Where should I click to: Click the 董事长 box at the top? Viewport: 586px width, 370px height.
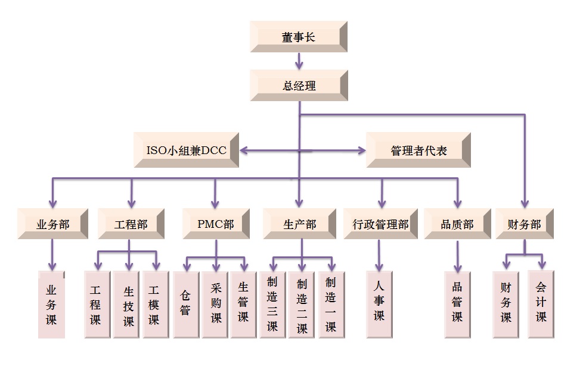pos(298,37)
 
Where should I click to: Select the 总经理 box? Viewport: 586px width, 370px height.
pos(299,85)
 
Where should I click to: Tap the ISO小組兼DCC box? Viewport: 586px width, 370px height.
pos(187,150)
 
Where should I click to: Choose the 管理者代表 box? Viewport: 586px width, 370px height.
pos(418,150)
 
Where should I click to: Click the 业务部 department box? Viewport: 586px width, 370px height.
pos(53,224)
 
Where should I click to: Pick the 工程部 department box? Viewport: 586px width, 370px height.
pos(131,224)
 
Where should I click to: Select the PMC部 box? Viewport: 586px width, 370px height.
pos(215,224)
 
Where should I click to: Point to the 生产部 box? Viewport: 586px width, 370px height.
pos(299,224)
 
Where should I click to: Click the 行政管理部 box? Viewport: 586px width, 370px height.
pos(380,224)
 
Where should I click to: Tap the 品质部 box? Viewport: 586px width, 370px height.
pos(457,224)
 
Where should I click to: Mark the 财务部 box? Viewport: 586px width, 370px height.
pos(524,224)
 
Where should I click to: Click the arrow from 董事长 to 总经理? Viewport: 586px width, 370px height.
pos(299,60)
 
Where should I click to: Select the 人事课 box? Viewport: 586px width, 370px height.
pos(379,304)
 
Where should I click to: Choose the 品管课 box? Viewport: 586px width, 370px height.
pos(457,304)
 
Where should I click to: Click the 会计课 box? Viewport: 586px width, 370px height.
pos(541,304)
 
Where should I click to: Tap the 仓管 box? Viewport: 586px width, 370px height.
pos(186,304)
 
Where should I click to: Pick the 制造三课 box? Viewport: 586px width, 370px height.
pos(272,304)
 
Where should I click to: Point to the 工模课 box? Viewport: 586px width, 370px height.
pos(154,304)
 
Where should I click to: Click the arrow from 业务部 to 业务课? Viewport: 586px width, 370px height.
pos(53,253)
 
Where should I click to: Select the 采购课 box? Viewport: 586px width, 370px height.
pos(216,304)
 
